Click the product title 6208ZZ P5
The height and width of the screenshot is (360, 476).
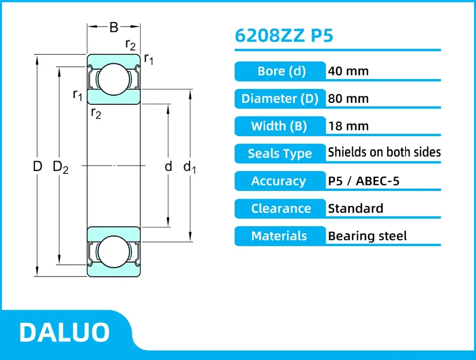click(x=284, y=36)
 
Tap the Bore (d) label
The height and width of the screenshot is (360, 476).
click(x=281, y=71)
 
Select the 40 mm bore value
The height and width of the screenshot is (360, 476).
click(x=348, y=71)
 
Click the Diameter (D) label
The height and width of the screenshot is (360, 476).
click(x=280, y=99)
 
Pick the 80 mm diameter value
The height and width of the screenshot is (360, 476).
click(x=348, y=99)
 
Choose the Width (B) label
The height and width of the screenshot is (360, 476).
click(x=279, y=126)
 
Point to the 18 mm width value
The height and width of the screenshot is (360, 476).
click(x=348, y=126)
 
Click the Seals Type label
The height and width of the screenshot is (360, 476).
click(x=279, y=154)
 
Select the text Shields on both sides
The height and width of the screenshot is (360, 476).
click(x=384, y=152)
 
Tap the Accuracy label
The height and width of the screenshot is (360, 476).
click(x=278, y=181)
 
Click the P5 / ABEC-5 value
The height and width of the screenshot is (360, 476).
click(x=364, y=181)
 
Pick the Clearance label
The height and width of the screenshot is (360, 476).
click(x=281, y=209)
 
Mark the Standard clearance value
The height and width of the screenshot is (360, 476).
click(x=355, y=209)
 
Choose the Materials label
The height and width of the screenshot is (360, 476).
click(x=279, y=236)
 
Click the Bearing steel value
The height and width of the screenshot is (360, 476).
click(x=367, y=236)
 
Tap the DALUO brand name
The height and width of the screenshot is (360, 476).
click(x=64, y=332)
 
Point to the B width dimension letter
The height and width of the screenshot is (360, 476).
click(x=114, y=28)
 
